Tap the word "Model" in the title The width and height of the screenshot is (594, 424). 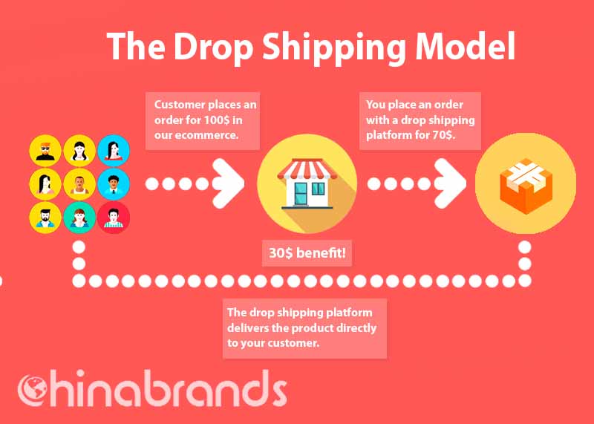(466, 46)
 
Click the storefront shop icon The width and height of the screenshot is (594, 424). (307, 184)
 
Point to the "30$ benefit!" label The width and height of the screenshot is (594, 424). (307, 252)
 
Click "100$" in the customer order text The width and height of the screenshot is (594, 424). (217, 120)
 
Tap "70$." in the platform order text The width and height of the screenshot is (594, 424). (443, 135)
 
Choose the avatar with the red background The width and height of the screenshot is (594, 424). (114, 218)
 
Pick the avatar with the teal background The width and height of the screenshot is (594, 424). (79, 218)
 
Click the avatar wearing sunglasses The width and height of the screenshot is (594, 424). (45, 151)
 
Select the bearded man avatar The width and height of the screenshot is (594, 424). (45, 218)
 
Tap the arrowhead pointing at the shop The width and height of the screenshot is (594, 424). (228, 183)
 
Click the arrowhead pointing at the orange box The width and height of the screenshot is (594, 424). (450, 183)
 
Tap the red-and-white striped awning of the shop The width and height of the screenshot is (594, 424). (307, 169)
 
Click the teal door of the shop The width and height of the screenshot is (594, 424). (301, 194)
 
